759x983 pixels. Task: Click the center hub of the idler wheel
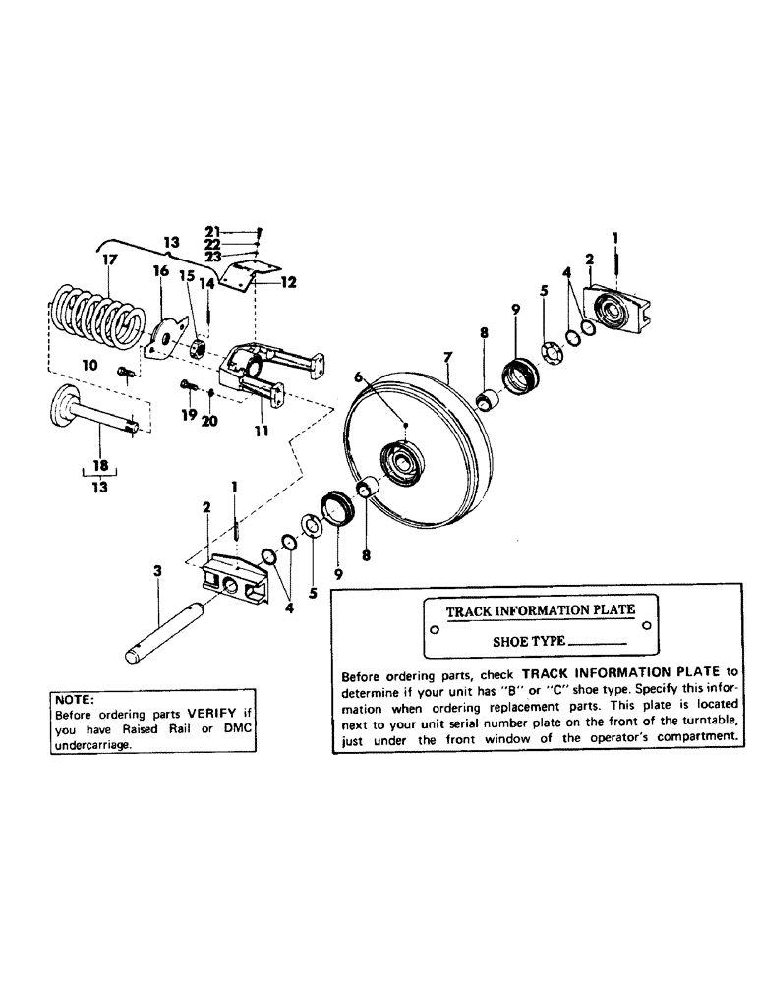pos(402,458)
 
